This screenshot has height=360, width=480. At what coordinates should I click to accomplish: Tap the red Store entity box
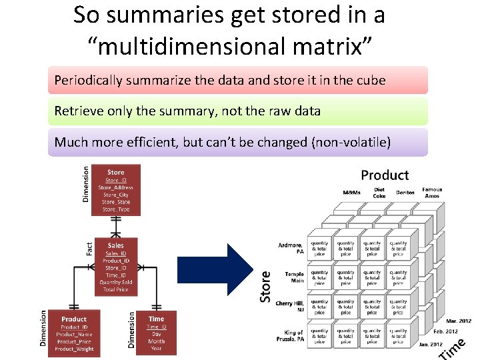coord(115,189)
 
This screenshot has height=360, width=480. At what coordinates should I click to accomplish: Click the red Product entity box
coord(73,333)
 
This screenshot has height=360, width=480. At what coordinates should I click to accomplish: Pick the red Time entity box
coord(156,333)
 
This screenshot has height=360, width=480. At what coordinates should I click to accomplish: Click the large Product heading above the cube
coord(385,175)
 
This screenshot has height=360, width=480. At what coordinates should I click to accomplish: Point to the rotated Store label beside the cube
coord(266,286)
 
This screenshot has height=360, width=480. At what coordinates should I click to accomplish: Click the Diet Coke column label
coord(379,193)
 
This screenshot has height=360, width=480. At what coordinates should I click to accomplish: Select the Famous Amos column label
coord(432,193)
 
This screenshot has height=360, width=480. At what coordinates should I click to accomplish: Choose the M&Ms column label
coord(352,193)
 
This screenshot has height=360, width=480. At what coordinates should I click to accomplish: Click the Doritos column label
coord(405,193)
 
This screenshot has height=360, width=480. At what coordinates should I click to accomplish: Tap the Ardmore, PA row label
coord(291,248)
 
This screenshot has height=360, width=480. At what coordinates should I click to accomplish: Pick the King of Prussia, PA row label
coord(291,335)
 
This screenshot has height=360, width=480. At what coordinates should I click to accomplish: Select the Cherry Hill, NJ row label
coord(290,306)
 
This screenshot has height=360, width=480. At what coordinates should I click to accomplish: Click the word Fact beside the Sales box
coord(90,248)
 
